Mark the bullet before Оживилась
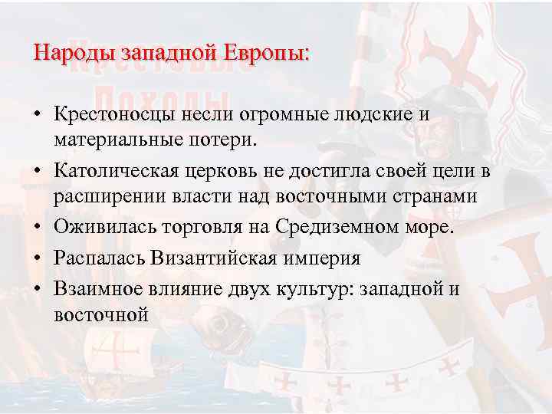[x=38, y=228]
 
